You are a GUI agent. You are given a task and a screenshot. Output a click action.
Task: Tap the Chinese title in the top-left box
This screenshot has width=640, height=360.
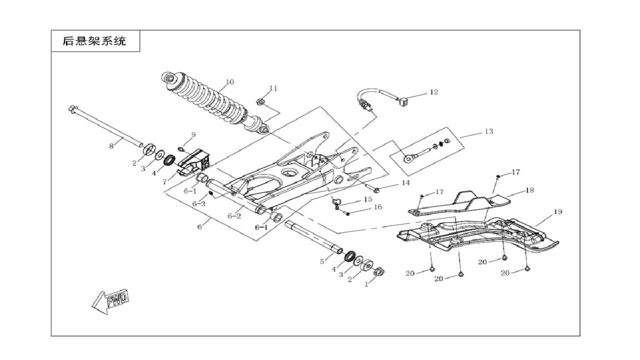[x=94, y=41]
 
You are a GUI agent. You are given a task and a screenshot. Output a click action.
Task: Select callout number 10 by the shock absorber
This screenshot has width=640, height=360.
[x=229, y=82]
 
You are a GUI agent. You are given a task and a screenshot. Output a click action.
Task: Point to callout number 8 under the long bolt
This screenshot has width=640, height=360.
[x=111, y=145]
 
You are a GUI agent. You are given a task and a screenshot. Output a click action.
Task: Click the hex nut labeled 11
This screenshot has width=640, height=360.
[x=260, y=102]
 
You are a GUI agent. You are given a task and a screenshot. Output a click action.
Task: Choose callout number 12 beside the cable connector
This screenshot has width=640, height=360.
[x=433, y=92]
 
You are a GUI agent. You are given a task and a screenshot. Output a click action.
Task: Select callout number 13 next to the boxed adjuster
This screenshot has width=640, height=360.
[x=488, y=131]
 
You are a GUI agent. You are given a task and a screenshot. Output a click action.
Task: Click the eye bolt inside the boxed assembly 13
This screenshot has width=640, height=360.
[x=411, y=157]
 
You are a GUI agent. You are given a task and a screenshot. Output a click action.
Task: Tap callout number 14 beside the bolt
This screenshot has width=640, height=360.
[x=405, y=183]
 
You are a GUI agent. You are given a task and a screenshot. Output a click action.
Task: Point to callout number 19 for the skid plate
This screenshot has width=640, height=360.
[x=558, y=211]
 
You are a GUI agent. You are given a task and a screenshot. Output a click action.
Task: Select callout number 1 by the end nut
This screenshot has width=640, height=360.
[x=366, y=284]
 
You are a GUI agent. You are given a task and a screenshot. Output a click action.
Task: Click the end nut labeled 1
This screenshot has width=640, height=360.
[x=378, y=272]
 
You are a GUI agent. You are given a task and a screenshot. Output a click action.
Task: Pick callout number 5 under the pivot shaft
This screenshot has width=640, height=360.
[x=322, y=261]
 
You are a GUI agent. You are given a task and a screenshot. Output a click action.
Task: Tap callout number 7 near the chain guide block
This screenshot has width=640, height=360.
[x=164, y=182]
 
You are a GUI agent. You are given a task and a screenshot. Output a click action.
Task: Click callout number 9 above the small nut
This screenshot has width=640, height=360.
[x=193, y=134]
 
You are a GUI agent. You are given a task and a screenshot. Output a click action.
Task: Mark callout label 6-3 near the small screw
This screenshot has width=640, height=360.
[x=199, y=203]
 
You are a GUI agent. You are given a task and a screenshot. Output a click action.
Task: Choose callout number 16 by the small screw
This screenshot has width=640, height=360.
[x=377, y=206]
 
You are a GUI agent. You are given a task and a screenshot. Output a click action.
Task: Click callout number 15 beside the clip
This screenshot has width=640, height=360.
[x=367, y=199]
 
